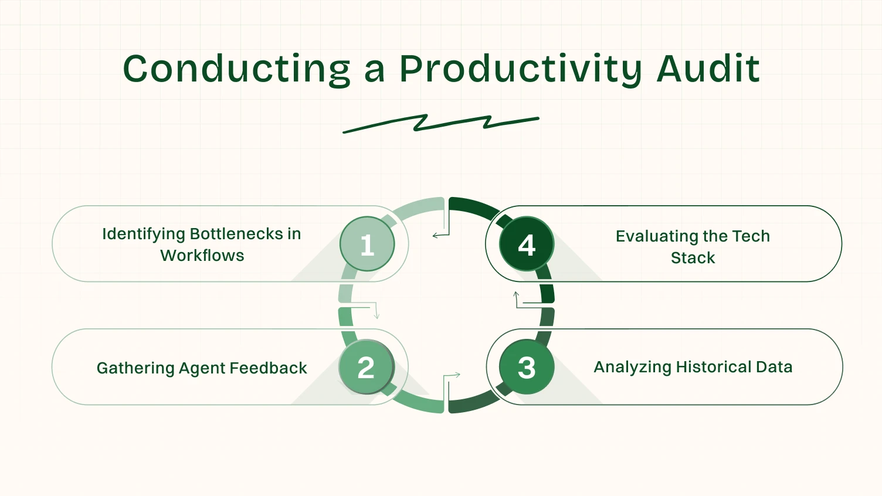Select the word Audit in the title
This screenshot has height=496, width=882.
(708, 69)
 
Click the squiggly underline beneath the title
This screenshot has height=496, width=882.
(440, 123)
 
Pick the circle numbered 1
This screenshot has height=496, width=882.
(367, 244)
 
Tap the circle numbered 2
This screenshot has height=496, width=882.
(367, 367)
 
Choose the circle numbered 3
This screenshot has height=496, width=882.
(527, 367)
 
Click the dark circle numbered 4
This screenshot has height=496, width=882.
(527, 244)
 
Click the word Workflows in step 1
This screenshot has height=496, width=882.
(202, 256)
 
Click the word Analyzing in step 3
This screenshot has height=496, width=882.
(632, 367)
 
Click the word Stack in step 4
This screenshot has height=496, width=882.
(693, 258)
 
